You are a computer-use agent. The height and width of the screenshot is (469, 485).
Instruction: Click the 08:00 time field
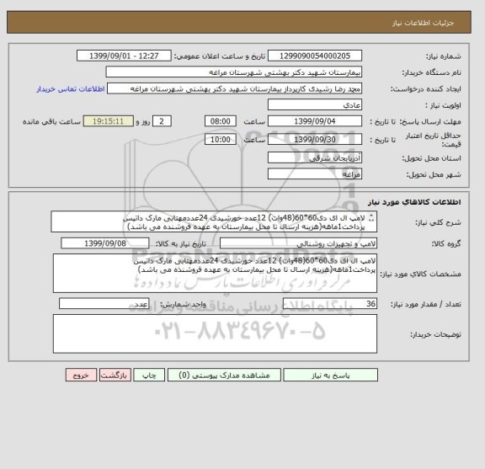click(220, 120)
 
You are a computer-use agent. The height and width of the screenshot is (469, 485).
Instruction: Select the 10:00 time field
click(220, 139)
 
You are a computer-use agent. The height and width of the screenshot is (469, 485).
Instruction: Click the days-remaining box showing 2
click(164, 120)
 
